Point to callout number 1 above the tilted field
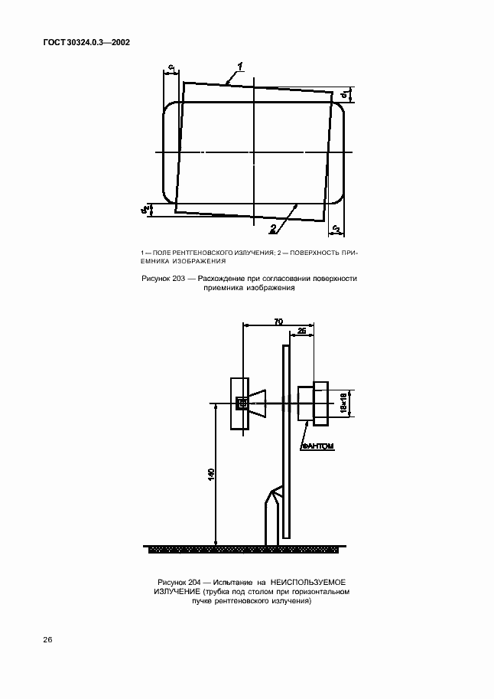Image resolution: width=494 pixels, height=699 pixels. tap(240, 67)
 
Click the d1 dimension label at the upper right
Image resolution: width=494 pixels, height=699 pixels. tap(344, 95)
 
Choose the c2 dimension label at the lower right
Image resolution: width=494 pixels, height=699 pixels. tap(336, 228)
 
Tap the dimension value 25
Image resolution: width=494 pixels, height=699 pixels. tap(301, 331)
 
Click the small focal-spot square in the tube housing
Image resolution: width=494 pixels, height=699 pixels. tap(241, 403)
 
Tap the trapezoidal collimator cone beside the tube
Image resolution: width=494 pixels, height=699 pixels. tap(258, 403)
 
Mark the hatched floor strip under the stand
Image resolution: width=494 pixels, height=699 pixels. tap(245, 549)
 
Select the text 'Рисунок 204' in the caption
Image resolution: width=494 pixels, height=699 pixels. tap(181, 583)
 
